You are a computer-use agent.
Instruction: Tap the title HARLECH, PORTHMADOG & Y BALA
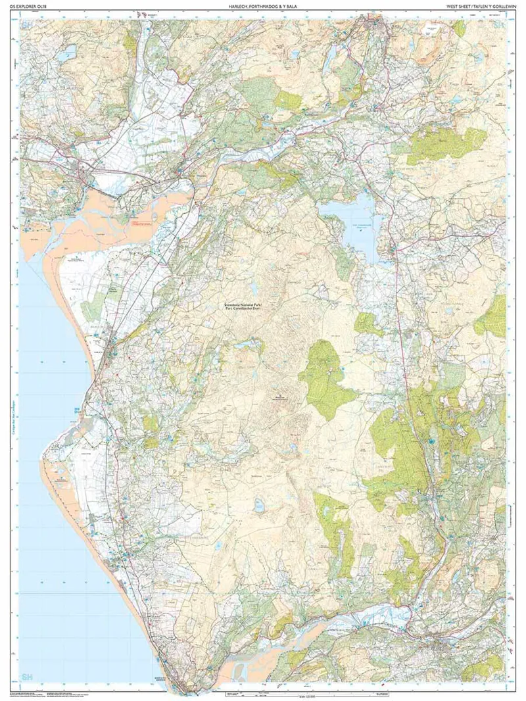(263, 6)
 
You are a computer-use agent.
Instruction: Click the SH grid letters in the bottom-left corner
(30, 677)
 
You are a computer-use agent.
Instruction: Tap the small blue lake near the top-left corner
(66, 57)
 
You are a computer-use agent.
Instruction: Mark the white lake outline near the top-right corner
(432, 27)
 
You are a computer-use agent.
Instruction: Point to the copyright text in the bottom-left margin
(39, 694)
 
